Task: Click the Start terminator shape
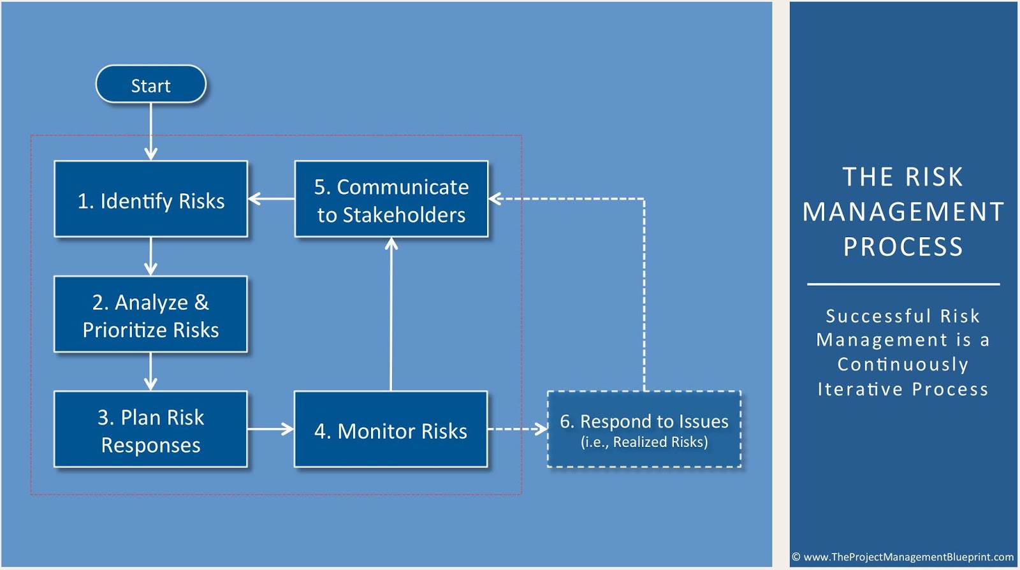[150, 84]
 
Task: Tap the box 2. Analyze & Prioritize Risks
[150, 314]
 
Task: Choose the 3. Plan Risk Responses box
[150, 430]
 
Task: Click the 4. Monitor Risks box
[391, 430]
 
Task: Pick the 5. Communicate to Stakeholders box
[391, 199]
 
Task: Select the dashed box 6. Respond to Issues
[644, 430]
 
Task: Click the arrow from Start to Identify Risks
[150, 131]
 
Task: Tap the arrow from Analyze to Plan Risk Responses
[150, 372]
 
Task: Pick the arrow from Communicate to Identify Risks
[271, 199]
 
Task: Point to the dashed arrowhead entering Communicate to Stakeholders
[495, 199]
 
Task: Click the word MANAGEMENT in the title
[903, 212]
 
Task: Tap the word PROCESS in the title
[903, 247]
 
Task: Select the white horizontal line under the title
[903, 284]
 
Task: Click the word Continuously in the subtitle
[903, 364]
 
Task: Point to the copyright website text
[903, 557]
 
